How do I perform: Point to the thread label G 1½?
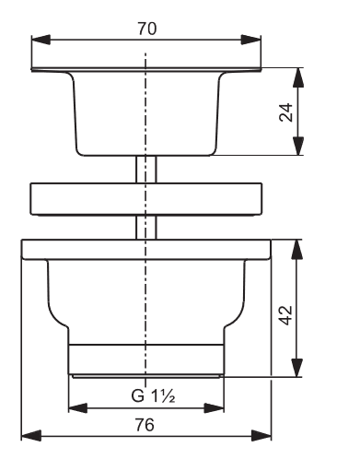[147, 397]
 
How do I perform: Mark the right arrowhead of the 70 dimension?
[255, 40]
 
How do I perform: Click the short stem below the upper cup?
[146, 170]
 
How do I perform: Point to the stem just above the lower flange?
[146, 227]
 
